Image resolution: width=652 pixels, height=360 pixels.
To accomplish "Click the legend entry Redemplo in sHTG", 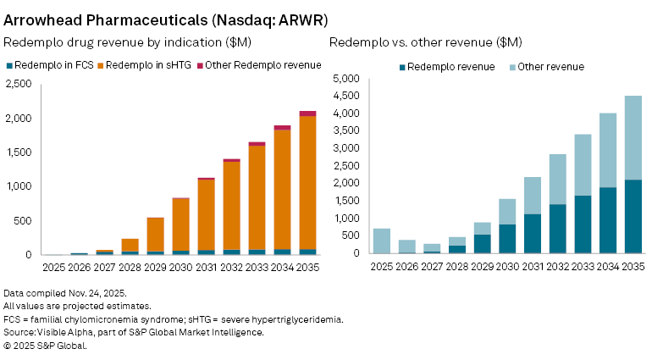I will [x=146, y=65].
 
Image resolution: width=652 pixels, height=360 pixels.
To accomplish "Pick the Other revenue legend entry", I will [x=550, y=67].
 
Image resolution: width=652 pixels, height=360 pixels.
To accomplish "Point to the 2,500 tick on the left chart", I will [x=18, y=83].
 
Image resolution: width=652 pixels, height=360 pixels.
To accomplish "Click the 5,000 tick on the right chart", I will [x=347, y=78].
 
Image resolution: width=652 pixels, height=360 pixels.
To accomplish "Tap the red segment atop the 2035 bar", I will [x=307, y=114].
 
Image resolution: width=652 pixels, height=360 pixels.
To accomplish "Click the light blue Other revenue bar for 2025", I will [x=382, y=241].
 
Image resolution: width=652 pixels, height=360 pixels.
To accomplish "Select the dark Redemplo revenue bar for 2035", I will [x=633, y=216].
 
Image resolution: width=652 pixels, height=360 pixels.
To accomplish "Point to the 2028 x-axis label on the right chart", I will [x=457, y=266].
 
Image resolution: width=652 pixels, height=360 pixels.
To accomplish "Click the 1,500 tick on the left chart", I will [x=18, y=152].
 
